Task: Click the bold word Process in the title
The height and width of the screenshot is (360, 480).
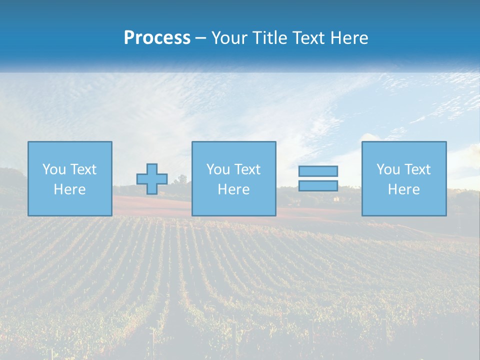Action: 157,38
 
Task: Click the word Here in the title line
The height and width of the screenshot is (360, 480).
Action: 350,38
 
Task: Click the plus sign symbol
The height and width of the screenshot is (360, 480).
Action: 152,179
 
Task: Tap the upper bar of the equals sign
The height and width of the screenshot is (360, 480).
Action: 318,171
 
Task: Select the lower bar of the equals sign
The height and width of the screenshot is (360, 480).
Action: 318,186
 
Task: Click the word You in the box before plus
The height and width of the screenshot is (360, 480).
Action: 53,169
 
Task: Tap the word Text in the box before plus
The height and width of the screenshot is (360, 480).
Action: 83,169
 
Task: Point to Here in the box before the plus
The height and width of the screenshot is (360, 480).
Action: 69,189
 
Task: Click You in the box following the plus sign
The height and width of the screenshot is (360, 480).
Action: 217,169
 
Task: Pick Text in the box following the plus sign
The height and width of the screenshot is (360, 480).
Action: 247,169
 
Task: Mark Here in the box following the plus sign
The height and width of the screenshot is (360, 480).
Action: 233,189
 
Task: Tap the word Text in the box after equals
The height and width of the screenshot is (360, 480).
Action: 417,169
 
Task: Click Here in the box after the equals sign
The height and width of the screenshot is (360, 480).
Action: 403,189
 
